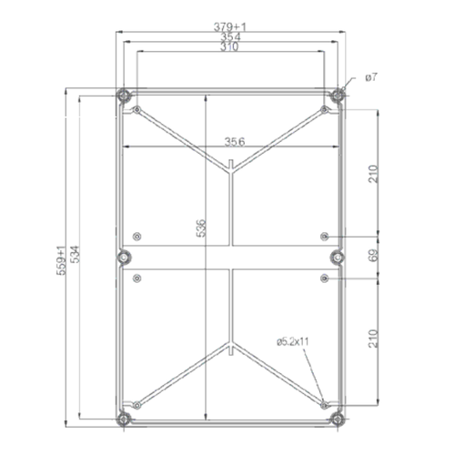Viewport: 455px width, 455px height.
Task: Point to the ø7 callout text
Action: (x=370, y=79)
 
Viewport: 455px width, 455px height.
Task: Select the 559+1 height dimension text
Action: (x=62, y=260)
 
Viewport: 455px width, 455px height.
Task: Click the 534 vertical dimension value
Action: (x=75, y=260)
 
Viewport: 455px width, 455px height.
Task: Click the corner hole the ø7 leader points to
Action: (x=339, y=94)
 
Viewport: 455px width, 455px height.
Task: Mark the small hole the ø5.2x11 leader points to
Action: (x=325, y=401)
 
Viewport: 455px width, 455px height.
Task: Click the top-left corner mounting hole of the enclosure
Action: (x=124, y=94)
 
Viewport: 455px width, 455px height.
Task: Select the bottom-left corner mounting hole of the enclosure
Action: (x=124, y=418)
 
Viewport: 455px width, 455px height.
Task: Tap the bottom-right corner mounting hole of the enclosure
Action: (x=339, y=418)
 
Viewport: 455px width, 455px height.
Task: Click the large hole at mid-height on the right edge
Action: (x=338, y=256)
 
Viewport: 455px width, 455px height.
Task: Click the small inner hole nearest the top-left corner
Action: (x=136, y=110)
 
